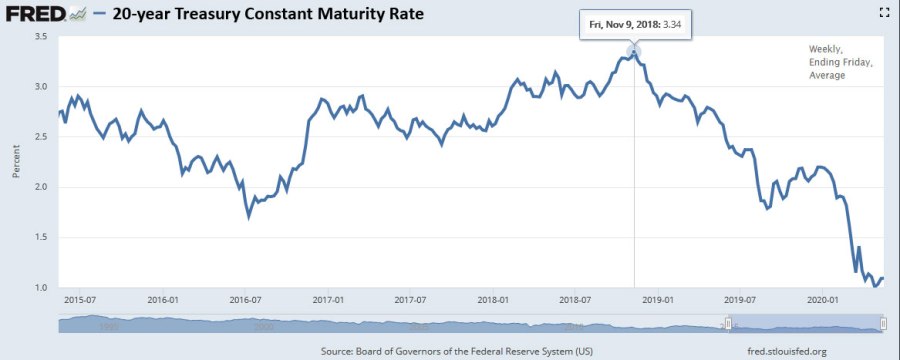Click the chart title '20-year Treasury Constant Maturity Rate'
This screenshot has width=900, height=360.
pos(264,14)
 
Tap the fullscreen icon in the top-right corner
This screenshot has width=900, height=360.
pos(883,12)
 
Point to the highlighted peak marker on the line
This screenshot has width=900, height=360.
pos(634,52)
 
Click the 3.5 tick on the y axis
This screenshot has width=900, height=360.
pos(42,37)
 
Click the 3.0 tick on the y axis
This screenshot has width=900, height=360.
pos(42,87)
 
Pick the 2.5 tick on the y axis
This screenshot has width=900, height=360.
pos(42,137)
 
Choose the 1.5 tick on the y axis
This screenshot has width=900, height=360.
pos(42,238)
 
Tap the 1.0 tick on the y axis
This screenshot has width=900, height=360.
pos(42,288)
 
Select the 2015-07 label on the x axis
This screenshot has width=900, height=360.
pos(80,299)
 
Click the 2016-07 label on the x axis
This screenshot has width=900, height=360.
pos(246,299)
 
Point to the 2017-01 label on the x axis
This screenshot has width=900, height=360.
pos(329,299)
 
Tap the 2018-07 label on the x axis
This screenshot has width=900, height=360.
pos(577,299)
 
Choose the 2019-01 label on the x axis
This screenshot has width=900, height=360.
pos(660,299)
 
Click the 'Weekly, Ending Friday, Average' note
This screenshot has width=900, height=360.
pos(841,62)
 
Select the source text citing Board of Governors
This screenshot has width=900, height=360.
pos(458,351)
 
